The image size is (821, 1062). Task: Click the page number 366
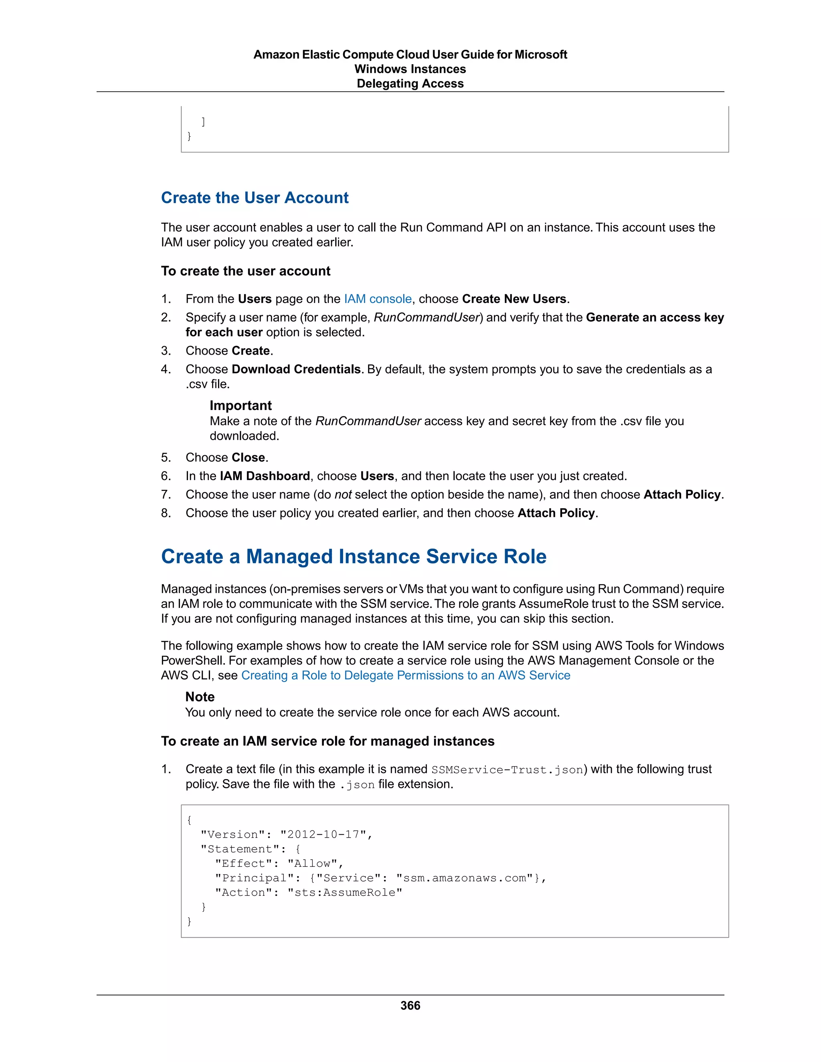pyautogui.click(x=410, y=1005)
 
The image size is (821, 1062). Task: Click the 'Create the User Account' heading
pyautogui.click(x=255, y=198)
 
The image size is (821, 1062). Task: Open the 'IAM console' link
pyautogui.click(x=377, y=299)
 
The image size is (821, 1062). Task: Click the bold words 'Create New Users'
pyautogui.click(x=514, y=299)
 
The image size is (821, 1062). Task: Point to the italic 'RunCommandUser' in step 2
pyautogui.click(x=427, y=317)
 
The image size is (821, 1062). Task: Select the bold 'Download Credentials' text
pyautogui.click(x=296, y=369)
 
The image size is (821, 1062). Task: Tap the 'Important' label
pyautogui.click(x=240, y=406)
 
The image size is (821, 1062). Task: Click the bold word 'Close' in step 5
pyautogui.click(x=248, y=458)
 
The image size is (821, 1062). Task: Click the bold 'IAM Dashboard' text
pyautogui.click(x=265, y=476)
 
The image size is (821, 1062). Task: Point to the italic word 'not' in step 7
pyautogui.click(x=343, y=495)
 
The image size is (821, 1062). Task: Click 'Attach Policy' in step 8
pyautogui.click(x=556, y=513)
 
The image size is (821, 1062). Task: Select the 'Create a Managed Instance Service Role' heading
pyautogui.click(x=354, y=556)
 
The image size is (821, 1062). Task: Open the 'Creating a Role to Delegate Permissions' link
pyautogui.click(x=405, y=675)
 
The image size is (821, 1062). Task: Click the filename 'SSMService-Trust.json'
pyautogui.click(x=507, y=770)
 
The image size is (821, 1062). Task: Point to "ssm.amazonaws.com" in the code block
pyautogui.click(x=465, y=878)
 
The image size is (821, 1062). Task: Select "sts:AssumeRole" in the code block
pyautogui.click(x=345, y=892)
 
